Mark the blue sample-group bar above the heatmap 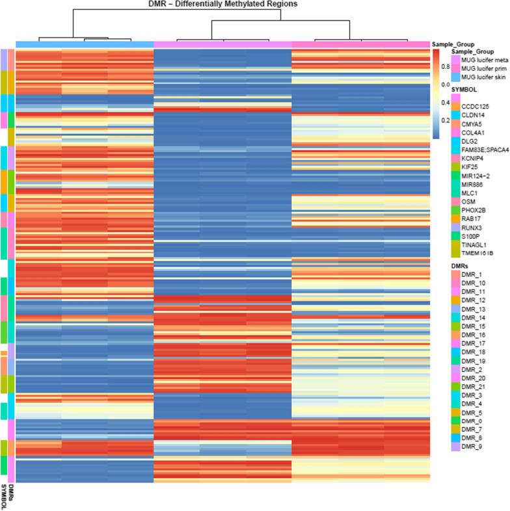(84, 44)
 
